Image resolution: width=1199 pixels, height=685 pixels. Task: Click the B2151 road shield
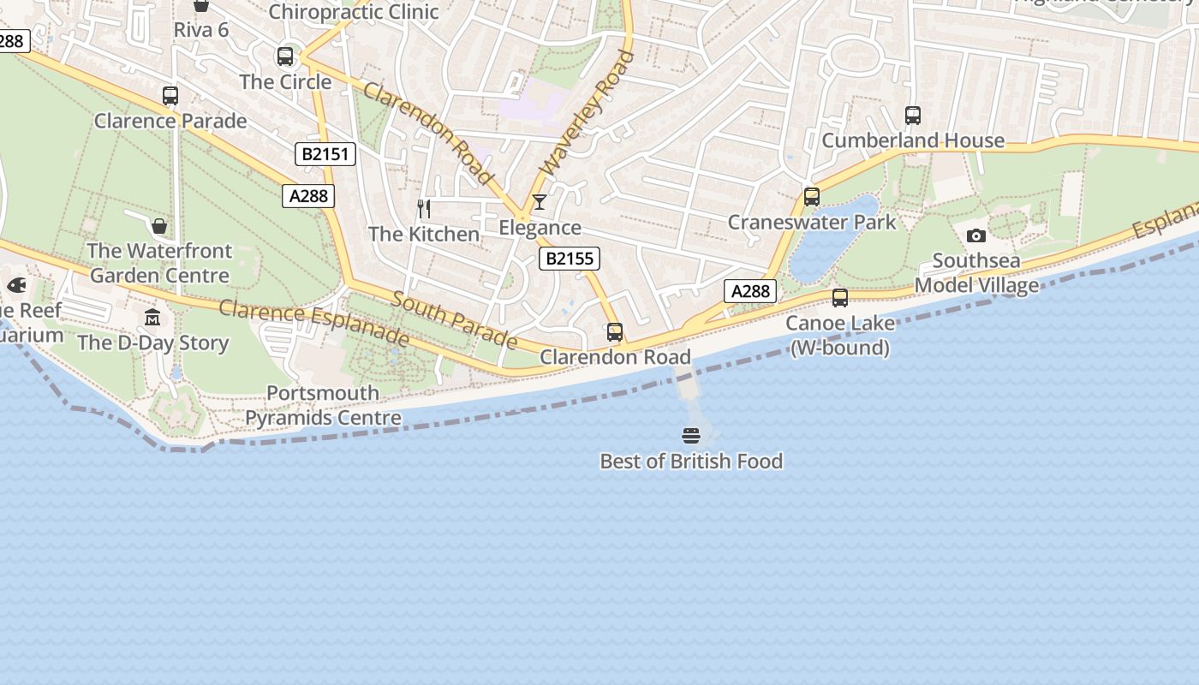pyautogui.click(x=325, y=154)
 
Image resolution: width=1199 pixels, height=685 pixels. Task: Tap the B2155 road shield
pyautogui.click(x=570, y=259)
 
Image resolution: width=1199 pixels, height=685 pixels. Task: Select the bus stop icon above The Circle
pyautogui.click(x=285, y=57)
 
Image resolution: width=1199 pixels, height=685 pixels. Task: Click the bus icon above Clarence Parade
pyautogui.click(x=170, y=96)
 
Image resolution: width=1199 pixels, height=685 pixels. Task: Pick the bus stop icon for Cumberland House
pyautogui.click(x=913, y=116)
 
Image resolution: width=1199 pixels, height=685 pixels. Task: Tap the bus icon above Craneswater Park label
pyautogui.click(x=812, y=197)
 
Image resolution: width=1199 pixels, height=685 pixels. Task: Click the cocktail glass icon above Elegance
pyautogui.click(x=540, y=202)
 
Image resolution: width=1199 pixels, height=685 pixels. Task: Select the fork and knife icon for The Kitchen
pyautogui.click(x=423, y=208)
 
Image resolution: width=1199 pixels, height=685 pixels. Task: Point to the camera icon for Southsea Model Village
pyautogui.click(x=975, y=235)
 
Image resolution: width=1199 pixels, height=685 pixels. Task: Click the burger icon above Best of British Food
pyautogui.click(x=691, y=436)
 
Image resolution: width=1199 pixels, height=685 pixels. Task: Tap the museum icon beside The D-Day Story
pyautogui.click(x=152, y=318)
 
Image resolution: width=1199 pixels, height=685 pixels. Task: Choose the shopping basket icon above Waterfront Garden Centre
pyautogui.click(x=159, y=226)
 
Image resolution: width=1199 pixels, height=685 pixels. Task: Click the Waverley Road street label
pyautogui.click(x=588, y=112)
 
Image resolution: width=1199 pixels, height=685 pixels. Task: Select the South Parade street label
pyautogui.click(x=454, y=320)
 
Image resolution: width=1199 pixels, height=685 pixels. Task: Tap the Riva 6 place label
pyautogui.click(x=201, y=30)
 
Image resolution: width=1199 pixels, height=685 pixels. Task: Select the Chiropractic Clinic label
pyautogui.click(x=353, y=12)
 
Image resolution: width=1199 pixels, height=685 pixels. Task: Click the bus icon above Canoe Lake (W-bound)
pyautogui.click(x=840, y=298)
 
